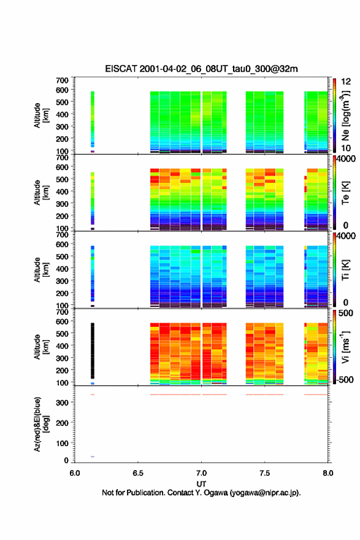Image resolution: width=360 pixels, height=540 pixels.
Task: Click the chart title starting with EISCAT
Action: (x=201, y=69)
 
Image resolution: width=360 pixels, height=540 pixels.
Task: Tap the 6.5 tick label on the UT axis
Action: (x=138, y=473)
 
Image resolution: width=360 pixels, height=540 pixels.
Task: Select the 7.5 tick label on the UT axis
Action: (x=265, y=473)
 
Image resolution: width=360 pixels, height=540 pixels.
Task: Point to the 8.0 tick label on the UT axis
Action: (x=328, y=473)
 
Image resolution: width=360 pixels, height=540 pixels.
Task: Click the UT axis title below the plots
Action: (x=201, y=484)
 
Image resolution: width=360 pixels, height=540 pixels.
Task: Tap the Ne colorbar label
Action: (x=345, y=116)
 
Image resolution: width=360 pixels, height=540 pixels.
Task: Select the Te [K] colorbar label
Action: (x=345, y=193)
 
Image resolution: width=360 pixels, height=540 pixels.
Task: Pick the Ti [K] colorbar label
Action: (x=345, y=269)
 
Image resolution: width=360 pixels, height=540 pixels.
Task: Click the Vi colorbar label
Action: (x=345, y=347)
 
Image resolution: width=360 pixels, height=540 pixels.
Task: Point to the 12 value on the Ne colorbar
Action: (x=346, y=82)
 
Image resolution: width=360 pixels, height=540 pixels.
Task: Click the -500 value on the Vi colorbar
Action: (x=344, y=379)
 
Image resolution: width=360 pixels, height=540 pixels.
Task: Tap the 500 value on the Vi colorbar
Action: (x=346, y=313)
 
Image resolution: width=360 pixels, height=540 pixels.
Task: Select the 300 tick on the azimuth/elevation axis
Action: (x=63, y=403)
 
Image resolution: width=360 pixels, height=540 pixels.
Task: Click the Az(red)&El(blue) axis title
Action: (x=40, y=424)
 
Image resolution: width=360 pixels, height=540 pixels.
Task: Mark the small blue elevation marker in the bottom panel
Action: (x=92, y=457)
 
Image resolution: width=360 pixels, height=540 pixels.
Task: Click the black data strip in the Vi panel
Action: (x=92, y=350)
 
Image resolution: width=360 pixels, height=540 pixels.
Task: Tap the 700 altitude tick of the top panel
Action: (x=63, y=80)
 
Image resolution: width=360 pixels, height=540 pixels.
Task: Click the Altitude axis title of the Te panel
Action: (x=40, y=193)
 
